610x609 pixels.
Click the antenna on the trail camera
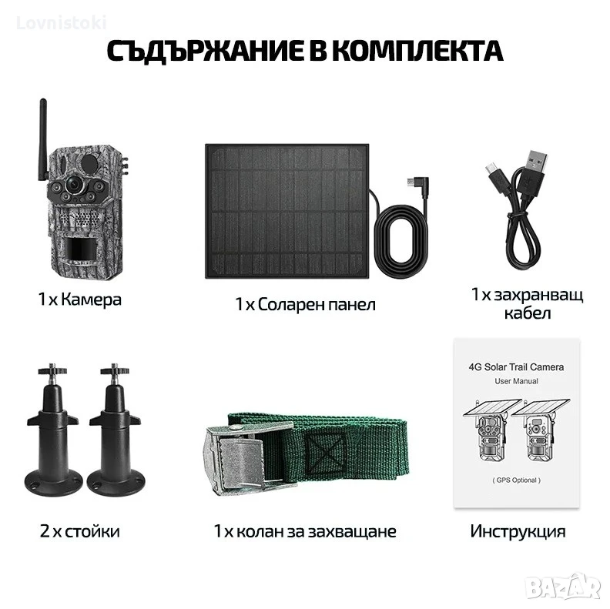pyautogui.click(x=43, y=140)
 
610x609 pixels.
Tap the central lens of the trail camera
pyautogui.click(x=72, y=185)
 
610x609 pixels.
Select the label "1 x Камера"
pyautogui.click(x=80, y=299)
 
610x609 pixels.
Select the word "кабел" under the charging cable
pyautogui.click(x=528, y=313)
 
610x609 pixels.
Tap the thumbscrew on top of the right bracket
pyautogui.click(x=114, y=370)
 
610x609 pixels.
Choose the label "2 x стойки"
pyautogui.click(x=80, y=531)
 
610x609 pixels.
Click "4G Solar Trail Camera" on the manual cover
pyautogui.click(x=516, y=367)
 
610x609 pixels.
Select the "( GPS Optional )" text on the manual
pyautogui.click(x=516, y=480)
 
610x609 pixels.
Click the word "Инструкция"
pyautogui.click(x=518, y=531)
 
